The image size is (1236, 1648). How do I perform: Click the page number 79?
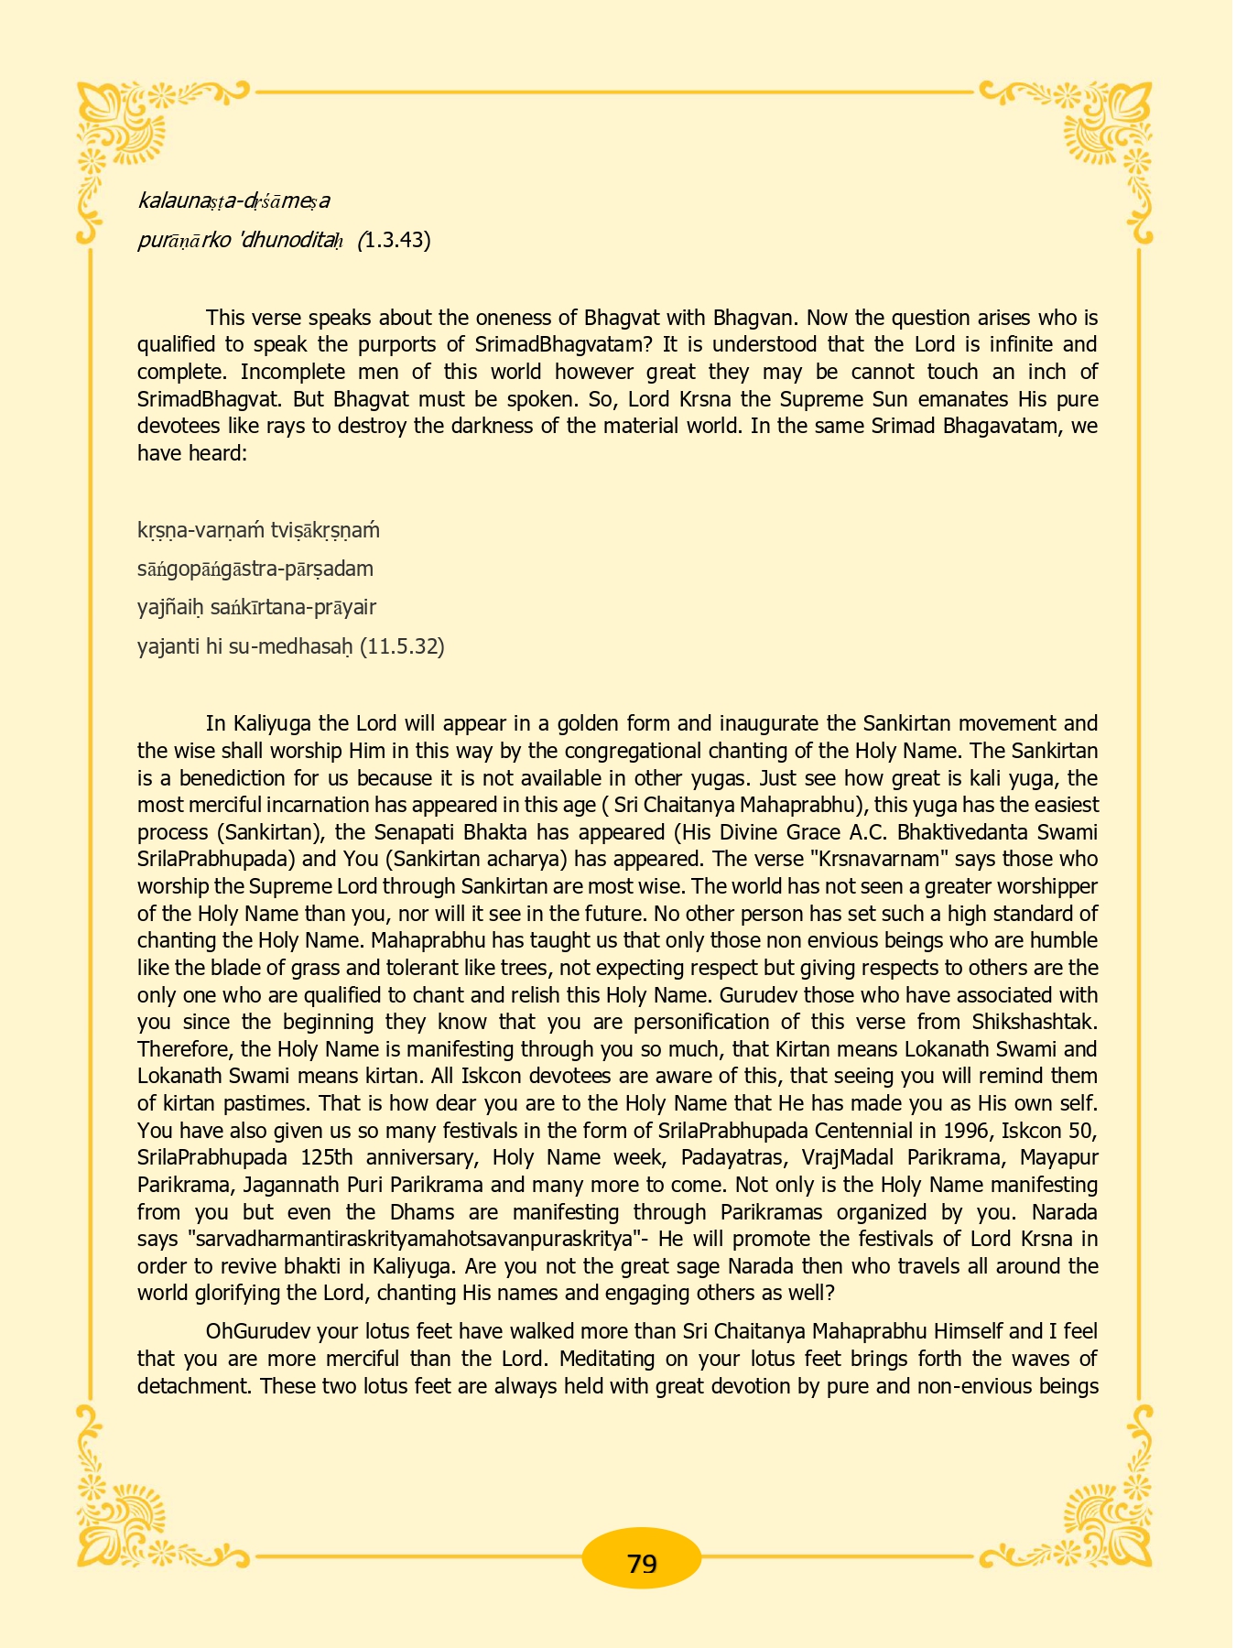click(x=642, y=1563)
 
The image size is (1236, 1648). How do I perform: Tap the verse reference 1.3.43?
click(x=396, y=240)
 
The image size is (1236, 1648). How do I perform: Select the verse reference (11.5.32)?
click(x=402, y=646)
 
